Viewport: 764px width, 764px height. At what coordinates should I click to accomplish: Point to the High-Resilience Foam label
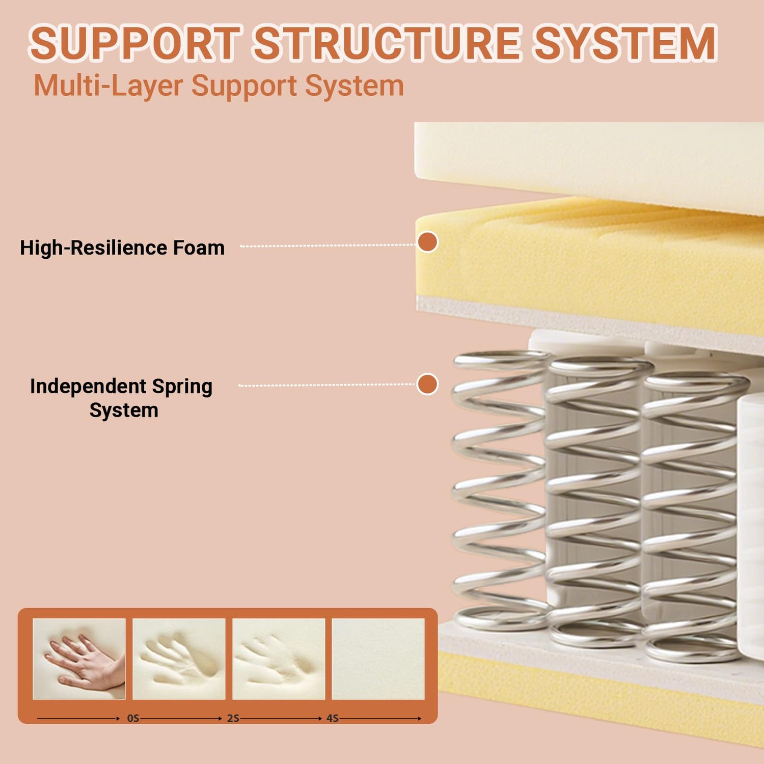pyautogui.click(x=122, y=248)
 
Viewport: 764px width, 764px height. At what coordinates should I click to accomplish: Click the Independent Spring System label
pyautogui.click(x=121, y=398)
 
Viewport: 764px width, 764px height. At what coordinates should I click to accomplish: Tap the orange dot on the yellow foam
pyautogui.click(x=428, y=242)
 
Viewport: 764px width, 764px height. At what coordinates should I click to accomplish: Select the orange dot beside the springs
pyautogui.click(x=427, y=384)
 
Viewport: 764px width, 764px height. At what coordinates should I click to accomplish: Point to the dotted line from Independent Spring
pyautogui.click(x=326, y=385)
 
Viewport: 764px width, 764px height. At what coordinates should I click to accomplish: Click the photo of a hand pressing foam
pyautogui.click(x=79, y=659)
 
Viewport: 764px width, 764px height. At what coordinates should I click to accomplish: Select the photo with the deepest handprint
pyautogui.click(x=179, y=659)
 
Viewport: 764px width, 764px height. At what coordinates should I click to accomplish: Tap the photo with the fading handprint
pyautogui.click(x=279, y=659)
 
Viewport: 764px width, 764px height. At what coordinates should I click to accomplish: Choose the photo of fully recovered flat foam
pyautogui.click(x=378, y=659)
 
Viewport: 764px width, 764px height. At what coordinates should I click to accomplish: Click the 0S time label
pyautogui.click(x=133, y=718)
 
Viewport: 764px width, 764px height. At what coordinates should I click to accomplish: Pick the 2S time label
pyautogui.click(x=233, y=718)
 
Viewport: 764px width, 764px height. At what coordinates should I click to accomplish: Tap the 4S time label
pyautogui.click(x=333, y=718)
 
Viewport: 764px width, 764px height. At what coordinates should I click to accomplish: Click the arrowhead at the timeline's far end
pyautogui.click(x=419, y=719)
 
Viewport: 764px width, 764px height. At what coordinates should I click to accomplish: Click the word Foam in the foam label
pyautogui.click(x=199, y=248)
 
